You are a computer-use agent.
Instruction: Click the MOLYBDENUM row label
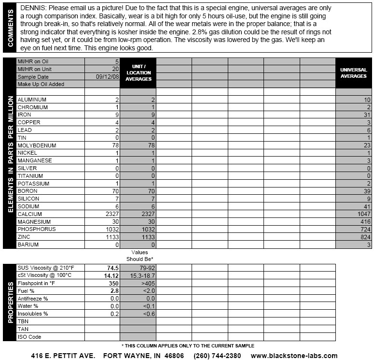(37, 145)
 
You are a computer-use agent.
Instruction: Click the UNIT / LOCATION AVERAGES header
(138, 72)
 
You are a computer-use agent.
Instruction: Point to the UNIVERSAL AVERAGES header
(354, 73)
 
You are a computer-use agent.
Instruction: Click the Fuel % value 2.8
(114, 291)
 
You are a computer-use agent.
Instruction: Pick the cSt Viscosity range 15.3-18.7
(138, 275)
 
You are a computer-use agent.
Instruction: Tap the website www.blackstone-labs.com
(294, 356)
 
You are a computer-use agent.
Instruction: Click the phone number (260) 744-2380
(217, 356)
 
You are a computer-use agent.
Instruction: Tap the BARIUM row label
(28, 245)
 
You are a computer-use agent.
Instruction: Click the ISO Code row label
(30, 337)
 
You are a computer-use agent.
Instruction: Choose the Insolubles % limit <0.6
(138, 314)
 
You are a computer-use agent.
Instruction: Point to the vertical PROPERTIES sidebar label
(10, 302)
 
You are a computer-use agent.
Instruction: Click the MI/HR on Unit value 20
(115, 69)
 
